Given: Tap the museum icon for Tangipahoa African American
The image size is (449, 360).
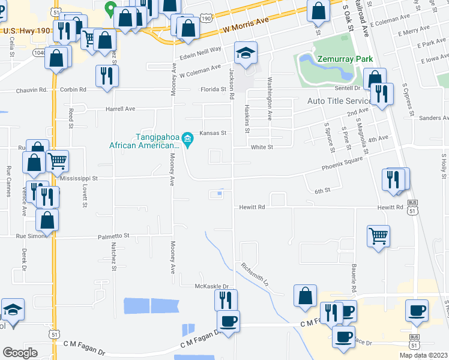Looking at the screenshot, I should [x=188, y=140].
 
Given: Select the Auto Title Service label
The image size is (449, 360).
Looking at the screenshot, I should [x=340, y=101].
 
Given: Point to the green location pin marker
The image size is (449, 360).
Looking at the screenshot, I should [x=110, y=8].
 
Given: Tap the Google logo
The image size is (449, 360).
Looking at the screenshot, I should [x=20, y=353].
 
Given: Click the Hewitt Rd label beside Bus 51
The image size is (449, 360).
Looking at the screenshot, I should [x=390, y=207].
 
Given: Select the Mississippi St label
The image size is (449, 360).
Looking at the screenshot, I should [x=79, y=178].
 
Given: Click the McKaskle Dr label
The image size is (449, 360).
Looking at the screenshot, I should [x=212, y=286].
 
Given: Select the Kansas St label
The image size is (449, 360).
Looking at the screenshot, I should [x=212, y=133].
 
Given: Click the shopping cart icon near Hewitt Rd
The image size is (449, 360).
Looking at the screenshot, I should [x=378, y=236].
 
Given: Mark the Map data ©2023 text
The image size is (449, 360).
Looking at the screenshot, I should [x=422, y=355].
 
